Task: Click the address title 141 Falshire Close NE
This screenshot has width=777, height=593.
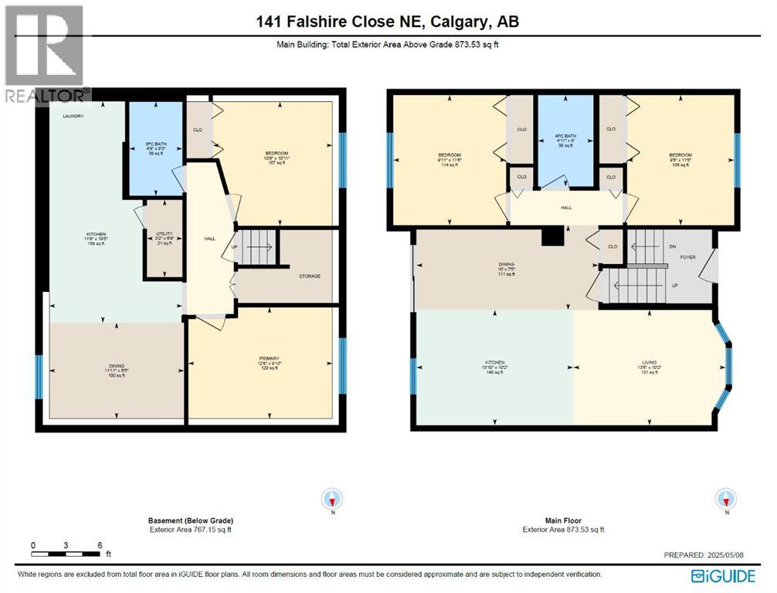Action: (x=388, y=22)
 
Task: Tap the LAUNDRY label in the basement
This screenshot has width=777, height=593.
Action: (x=73, y=116)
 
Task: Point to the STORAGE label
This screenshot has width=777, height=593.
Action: (x=309, y=276)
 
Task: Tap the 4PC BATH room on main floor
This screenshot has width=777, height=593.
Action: (x=565, y=140)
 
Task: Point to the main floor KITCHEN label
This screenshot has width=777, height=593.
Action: (x=494, y=367)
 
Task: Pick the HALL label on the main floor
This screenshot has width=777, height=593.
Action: (x=566, y=208)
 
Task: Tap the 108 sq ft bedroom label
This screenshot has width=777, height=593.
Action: (x=680, y=159)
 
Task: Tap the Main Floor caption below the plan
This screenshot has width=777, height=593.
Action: (x=563, y=521)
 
